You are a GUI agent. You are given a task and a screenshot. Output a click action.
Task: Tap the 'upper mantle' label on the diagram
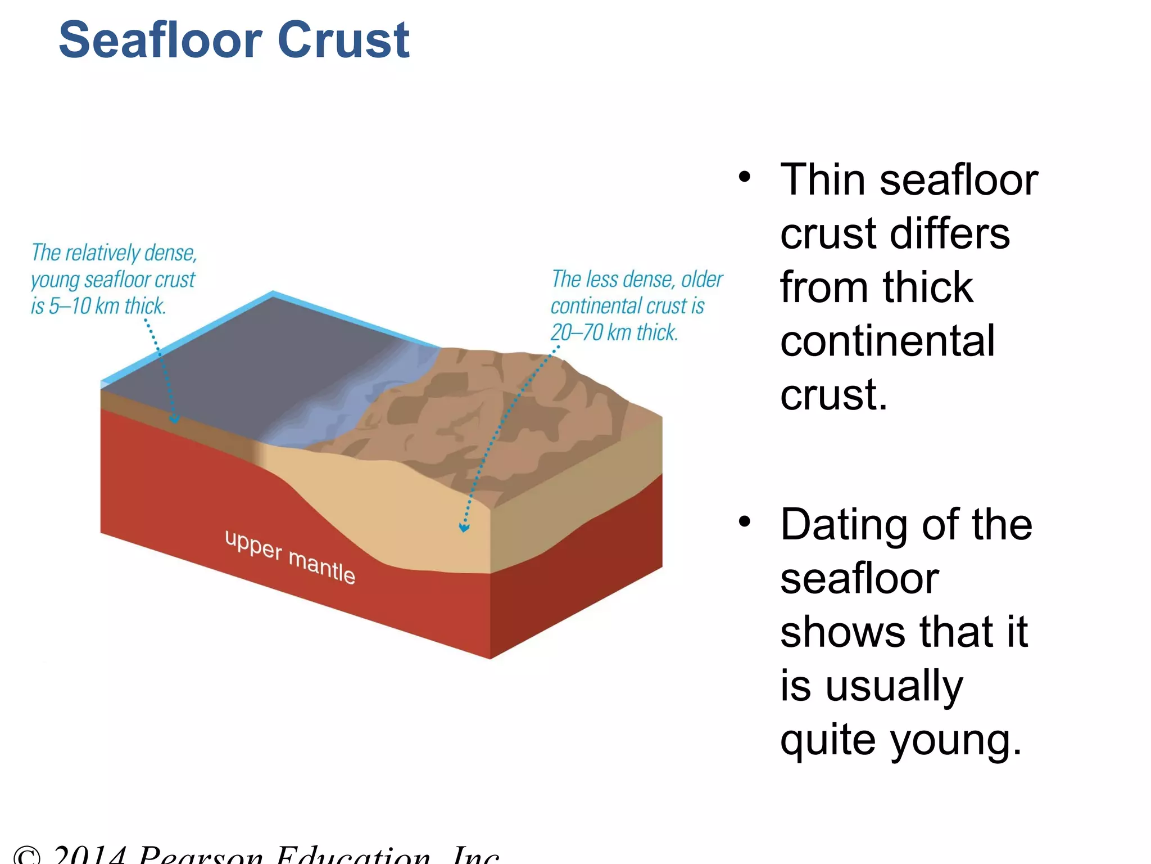pos(290,557)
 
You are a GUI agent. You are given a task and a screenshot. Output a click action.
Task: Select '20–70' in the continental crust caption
pos(577,332)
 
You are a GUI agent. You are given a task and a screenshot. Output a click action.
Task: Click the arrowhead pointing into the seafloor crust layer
pos(175,418)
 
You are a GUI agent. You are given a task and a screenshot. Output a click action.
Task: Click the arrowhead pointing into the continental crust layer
pos(464,528)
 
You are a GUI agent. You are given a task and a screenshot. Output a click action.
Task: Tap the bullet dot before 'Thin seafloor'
pos(745,177)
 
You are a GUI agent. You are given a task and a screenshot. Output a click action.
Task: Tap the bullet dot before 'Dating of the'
pos(745,522)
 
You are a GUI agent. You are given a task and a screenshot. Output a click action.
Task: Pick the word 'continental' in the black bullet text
pos(887,341)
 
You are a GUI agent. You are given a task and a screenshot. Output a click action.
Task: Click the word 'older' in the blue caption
pos(702,280)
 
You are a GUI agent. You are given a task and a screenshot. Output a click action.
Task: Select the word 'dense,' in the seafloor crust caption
pos(171,253)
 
